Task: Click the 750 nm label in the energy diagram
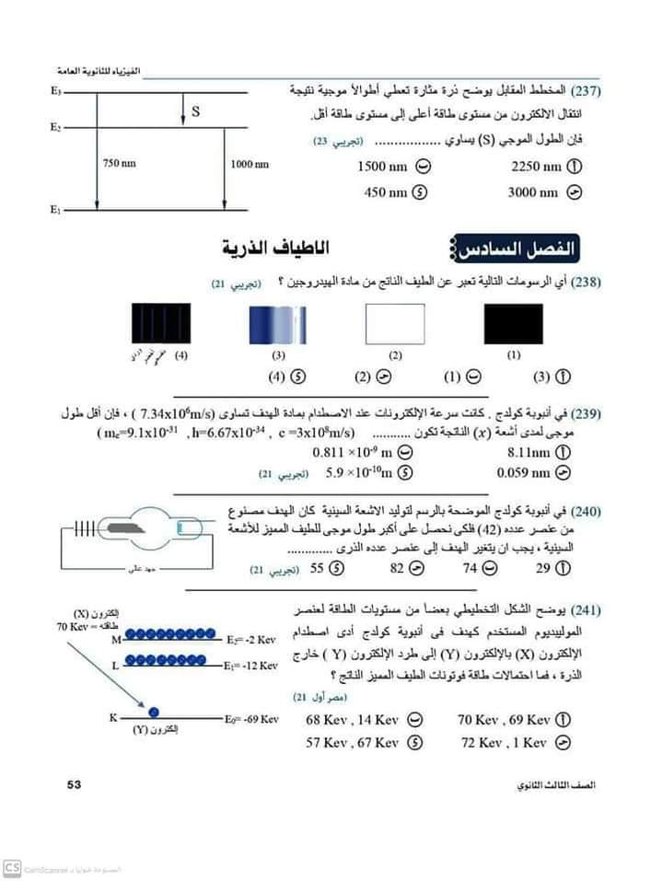[119, 164]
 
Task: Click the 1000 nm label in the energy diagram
[249, 164]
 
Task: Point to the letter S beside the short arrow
[195, 112]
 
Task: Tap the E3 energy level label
[56, 93]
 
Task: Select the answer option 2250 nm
[535, 167]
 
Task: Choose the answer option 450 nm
[386, 192]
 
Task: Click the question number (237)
[587, 92]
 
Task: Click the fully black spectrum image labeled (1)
[513, 324]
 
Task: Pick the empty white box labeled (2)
[395, 324]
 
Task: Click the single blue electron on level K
[155, 712]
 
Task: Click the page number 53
[75, 785]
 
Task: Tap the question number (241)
[587, 610]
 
